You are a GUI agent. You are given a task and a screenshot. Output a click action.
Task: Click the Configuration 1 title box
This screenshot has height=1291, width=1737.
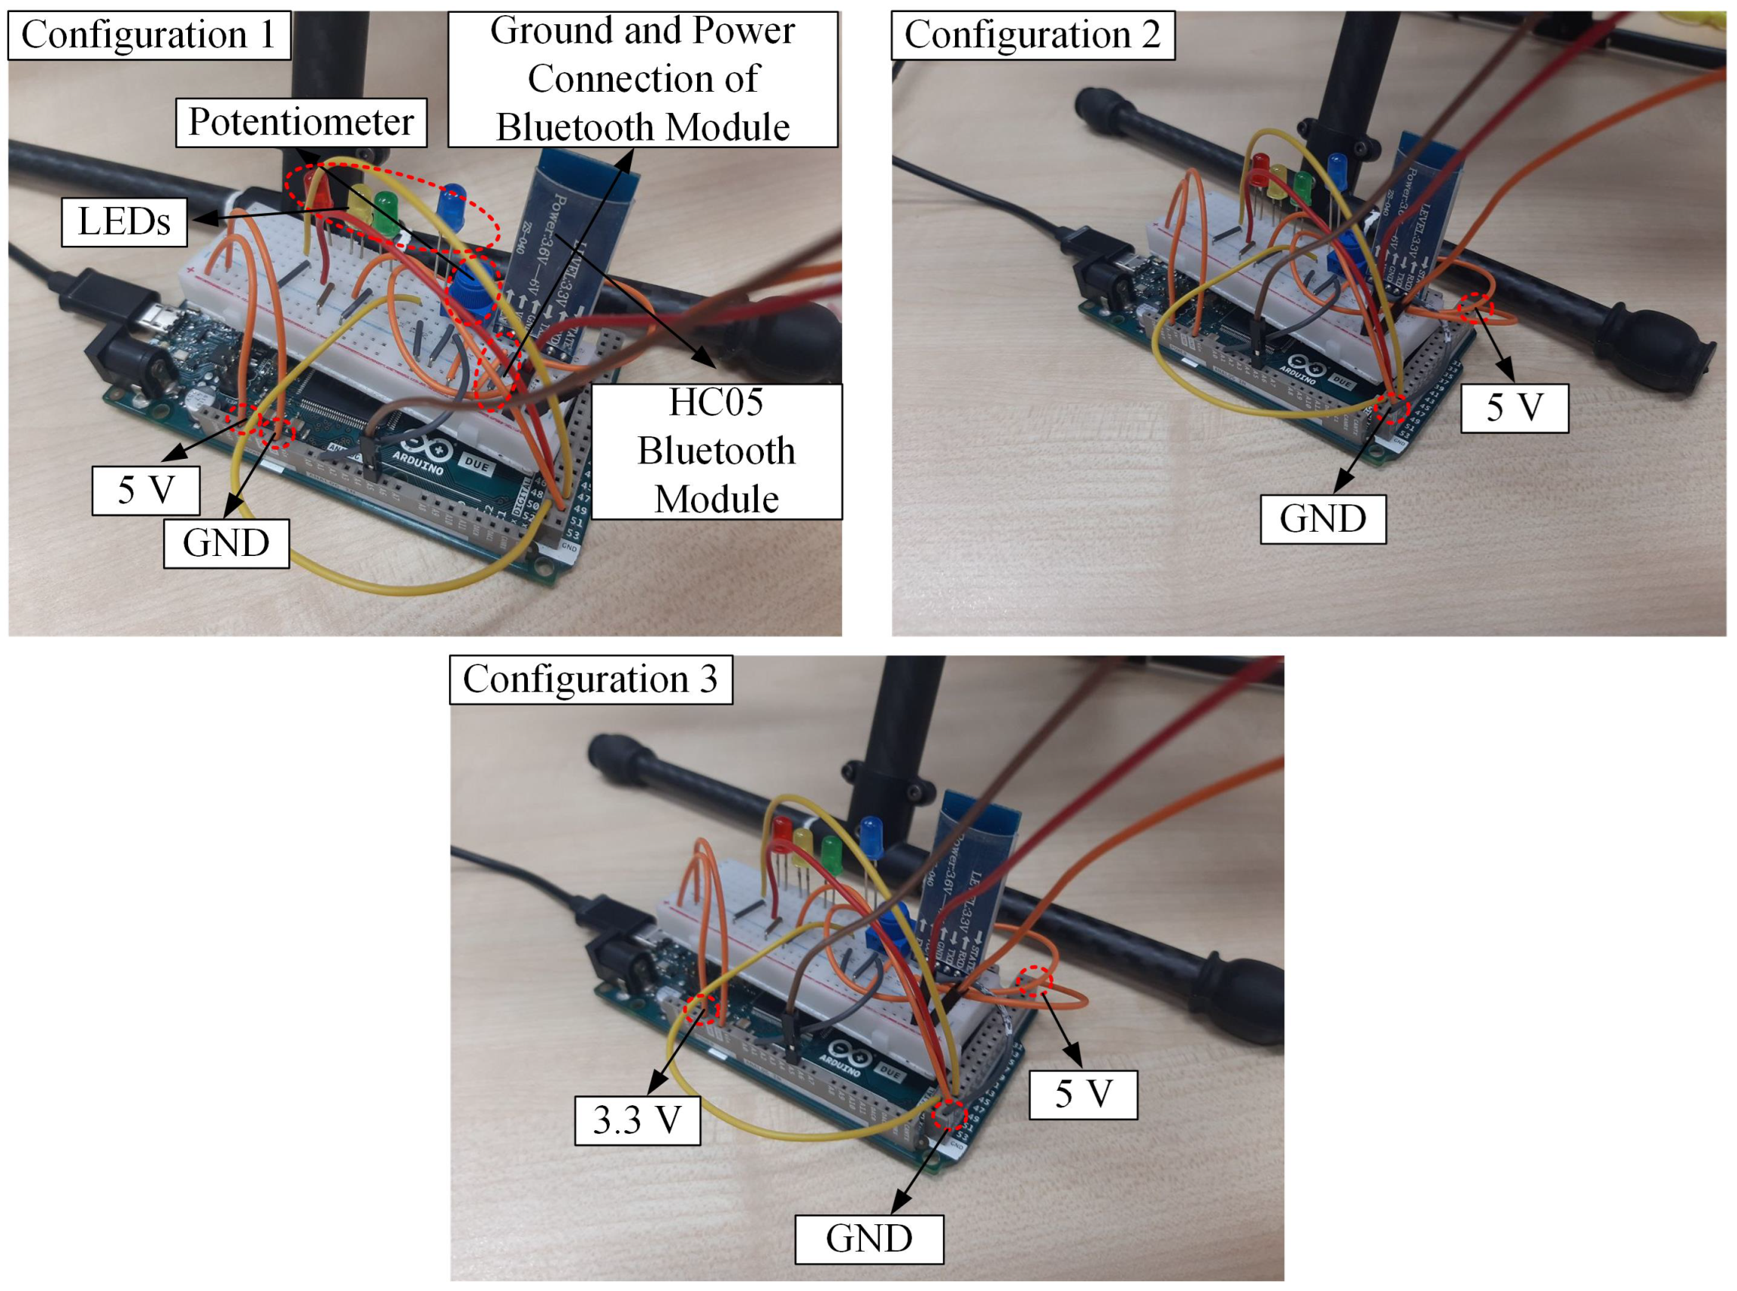click(149, 35)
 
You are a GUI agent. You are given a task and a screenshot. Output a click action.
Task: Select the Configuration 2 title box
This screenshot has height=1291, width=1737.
click(1032, 35)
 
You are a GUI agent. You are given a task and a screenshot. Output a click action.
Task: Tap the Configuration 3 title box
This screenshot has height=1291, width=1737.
click(591, 680)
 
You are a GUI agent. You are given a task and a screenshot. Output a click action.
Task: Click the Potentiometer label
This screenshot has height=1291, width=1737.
click(301, 123)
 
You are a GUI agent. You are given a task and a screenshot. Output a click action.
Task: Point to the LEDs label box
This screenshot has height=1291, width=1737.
click(124, 222)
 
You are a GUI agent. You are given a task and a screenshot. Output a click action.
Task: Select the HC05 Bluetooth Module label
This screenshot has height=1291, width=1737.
click(716, 451)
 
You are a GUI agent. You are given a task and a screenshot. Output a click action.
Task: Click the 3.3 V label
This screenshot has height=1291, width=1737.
click(637, 1120)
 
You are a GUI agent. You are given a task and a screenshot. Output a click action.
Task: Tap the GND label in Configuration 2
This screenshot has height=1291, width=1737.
click(1322, 519)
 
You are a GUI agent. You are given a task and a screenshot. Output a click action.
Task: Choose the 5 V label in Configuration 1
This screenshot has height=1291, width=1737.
click(146, 491)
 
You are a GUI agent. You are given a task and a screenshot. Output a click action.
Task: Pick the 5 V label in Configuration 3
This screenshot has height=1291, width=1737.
click(1082, 1094)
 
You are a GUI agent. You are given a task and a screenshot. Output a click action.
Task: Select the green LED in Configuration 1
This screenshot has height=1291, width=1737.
click(385, 211)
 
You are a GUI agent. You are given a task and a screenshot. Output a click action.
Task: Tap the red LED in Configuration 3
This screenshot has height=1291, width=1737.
click(781, 833)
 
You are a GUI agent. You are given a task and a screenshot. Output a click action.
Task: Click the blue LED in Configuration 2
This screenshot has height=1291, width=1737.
click(1337, 170)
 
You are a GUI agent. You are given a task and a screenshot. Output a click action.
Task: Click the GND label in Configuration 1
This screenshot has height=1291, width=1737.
click(226, 543)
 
